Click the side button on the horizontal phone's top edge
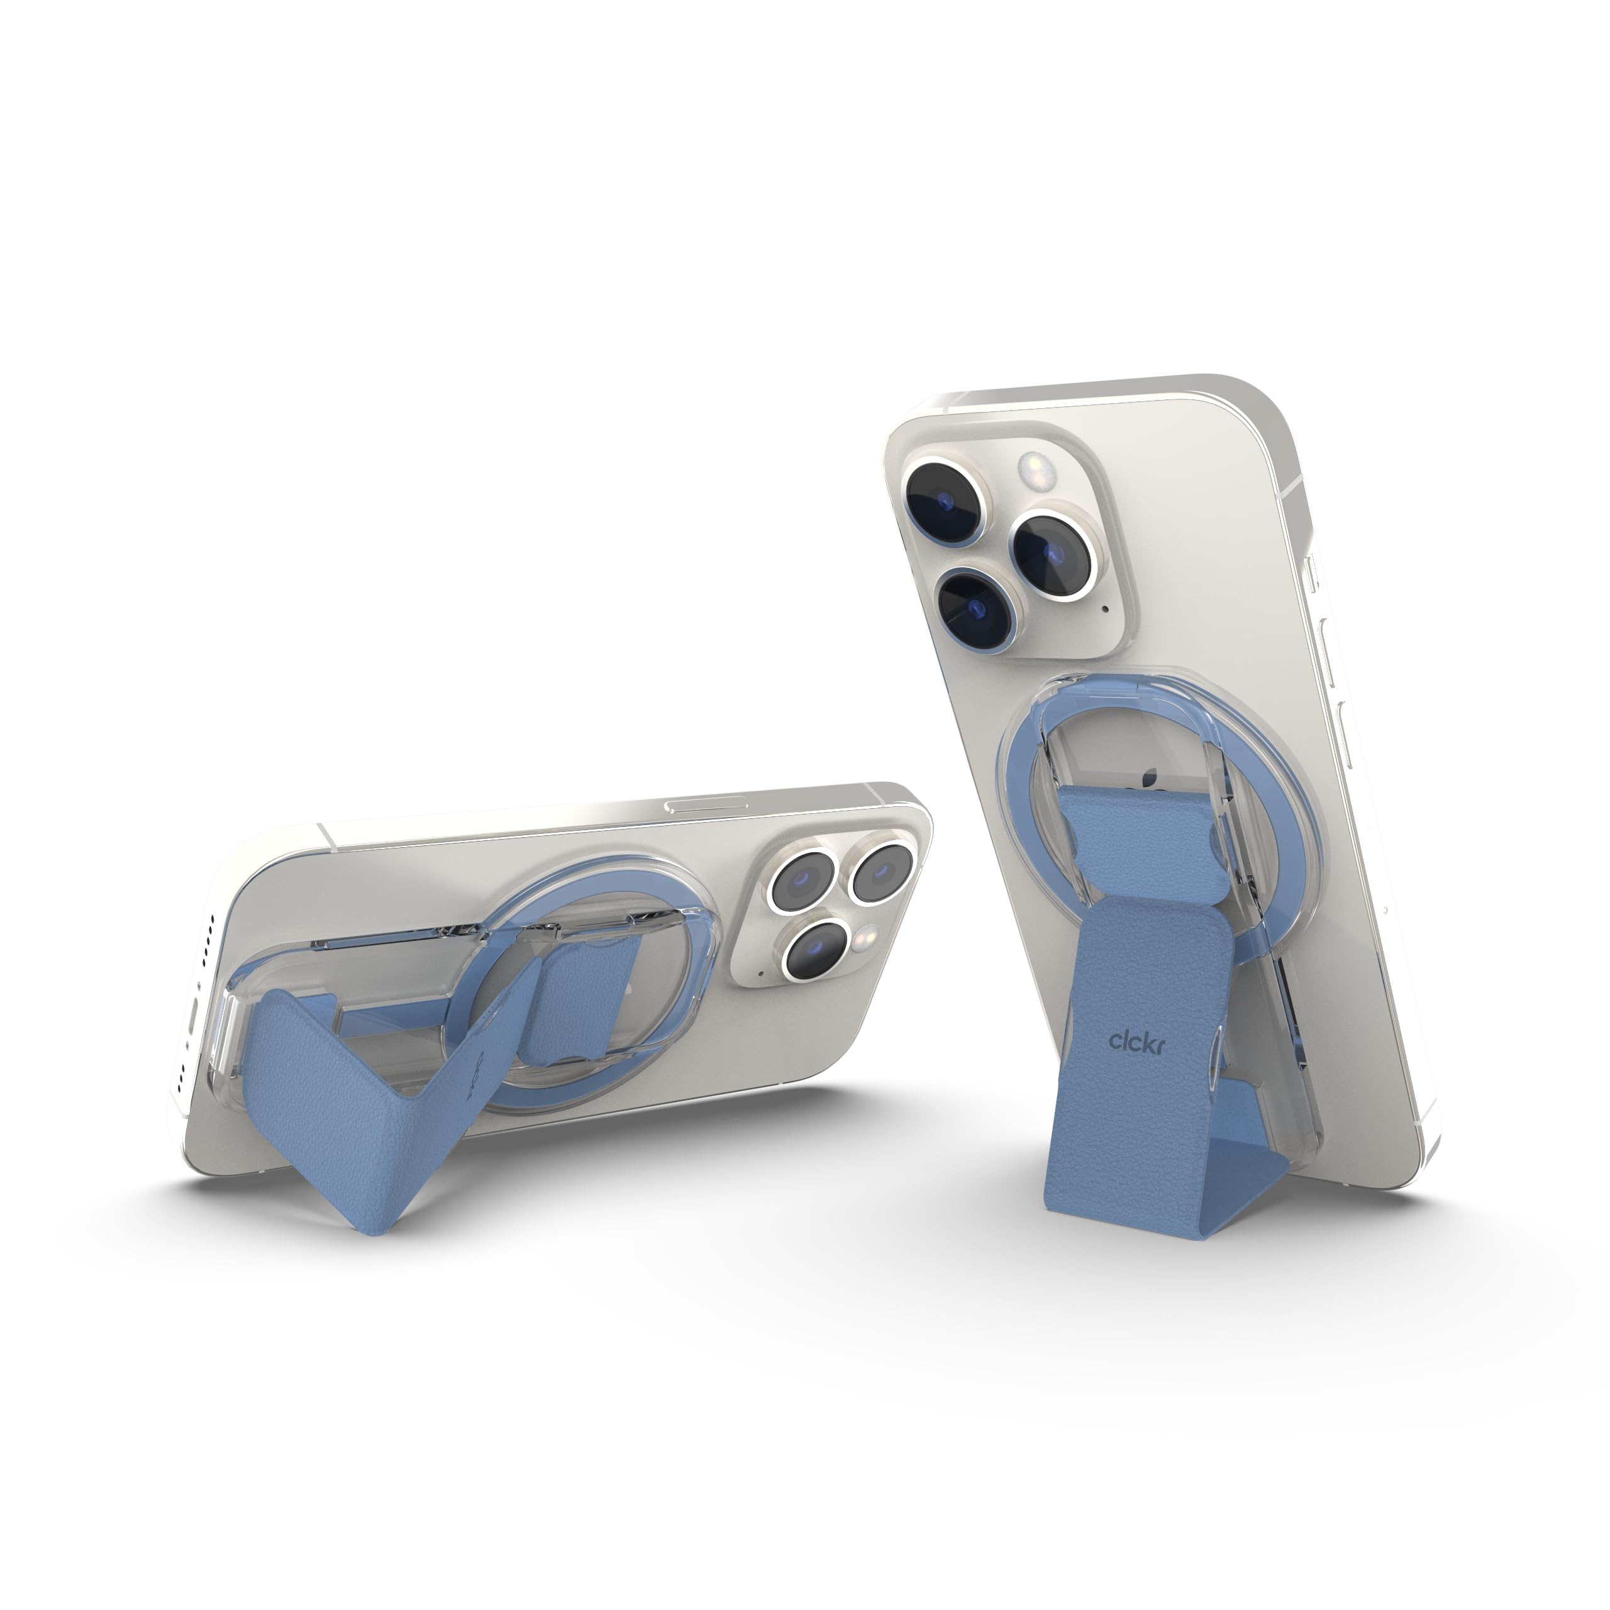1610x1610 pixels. click(x=694, y=806)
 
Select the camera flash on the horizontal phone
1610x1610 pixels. click(x=869, y=935)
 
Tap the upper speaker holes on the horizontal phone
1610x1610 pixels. click(x=208, y=933)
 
